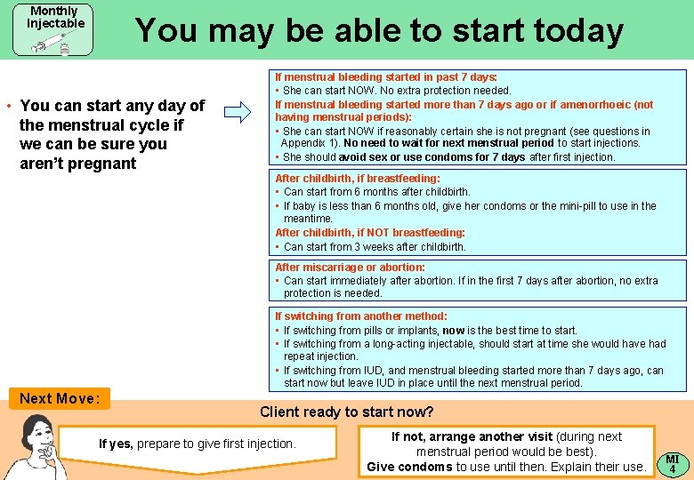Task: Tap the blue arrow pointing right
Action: point(238,112)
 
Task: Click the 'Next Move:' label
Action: point(60,398)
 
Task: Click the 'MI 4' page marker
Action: point(673,462)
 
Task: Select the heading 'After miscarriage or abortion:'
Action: point(350,268)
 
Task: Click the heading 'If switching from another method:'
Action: point(361,316)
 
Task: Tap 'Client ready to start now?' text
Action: point(346,412)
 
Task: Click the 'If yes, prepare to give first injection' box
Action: point(198,444)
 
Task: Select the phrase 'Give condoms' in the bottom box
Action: point(409,467)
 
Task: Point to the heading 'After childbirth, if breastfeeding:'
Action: point(358,178)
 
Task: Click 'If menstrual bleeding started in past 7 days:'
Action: point(386,77)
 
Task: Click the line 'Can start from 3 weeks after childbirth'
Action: point(375,247)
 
